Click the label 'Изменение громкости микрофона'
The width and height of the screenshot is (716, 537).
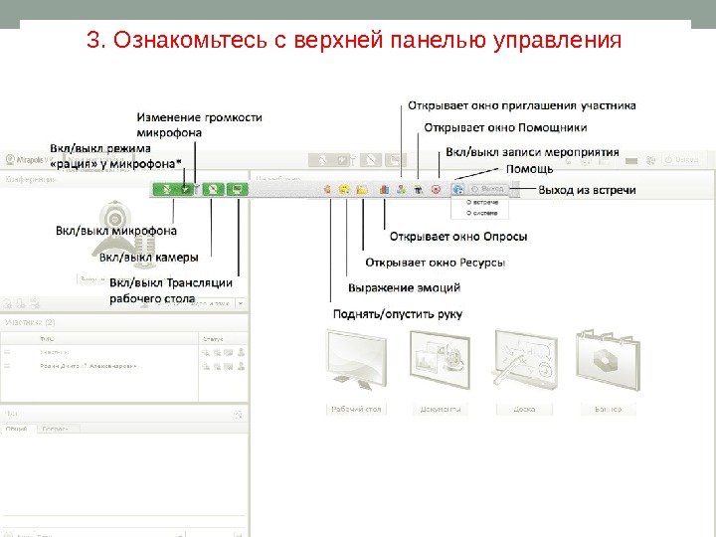click(x=199, y=123)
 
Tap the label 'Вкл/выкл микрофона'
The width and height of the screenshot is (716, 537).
click(x=116, y=231)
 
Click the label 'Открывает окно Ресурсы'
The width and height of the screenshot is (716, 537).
click(x=436, y=263)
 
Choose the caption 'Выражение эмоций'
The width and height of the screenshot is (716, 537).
click(x=404, y=287)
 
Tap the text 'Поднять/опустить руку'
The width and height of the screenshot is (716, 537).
click(x=398, y=313)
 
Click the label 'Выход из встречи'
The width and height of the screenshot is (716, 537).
click(x=587, y=189)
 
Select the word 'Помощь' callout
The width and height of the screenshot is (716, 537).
click(x=529, y=169)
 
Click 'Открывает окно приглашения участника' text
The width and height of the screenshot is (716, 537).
click(x=521, y=104)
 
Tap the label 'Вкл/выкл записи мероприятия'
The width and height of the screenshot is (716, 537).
click(x=532, y=152)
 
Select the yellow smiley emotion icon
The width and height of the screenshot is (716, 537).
click(x=344, y=188)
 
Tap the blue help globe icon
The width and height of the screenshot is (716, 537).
click(x=456, y=188)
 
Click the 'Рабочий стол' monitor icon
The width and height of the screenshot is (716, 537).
click(x=356, y=358)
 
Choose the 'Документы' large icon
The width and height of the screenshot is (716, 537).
click(x=440, y=358)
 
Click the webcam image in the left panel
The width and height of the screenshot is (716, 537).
click(x=118, y=221)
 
